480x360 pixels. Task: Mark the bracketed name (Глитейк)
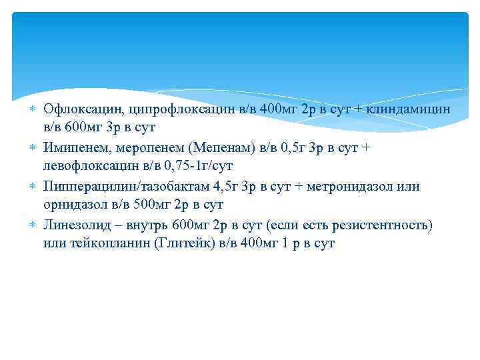tap(183, 244)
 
